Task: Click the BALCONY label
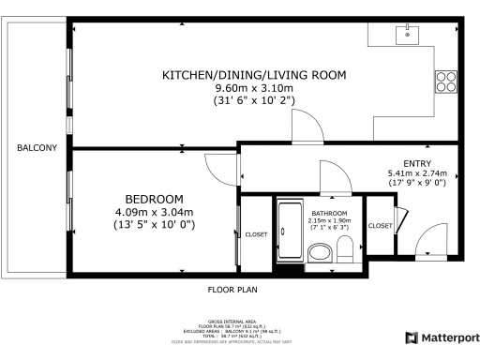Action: click(37, 148)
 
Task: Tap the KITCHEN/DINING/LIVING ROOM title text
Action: click(253, 75)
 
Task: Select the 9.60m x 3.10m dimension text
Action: click(253, 88)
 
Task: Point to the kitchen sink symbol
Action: click(408, 35)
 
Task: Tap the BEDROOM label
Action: click(154, 200)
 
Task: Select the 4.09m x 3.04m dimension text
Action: click(154, 213)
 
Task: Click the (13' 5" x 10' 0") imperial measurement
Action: click(154, 226)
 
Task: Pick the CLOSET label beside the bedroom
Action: click(257, 234)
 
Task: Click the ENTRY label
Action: click(417, 162)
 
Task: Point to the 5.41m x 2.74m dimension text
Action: click(417, 173)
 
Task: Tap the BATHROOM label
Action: click(329, 214)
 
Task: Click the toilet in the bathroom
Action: click(345, 249)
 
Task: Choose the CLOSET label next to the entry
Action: click(380, 226)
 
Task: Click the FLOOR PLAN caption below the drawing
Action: click(232, 290)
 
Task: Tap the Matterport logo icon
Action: click(410, 337)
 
